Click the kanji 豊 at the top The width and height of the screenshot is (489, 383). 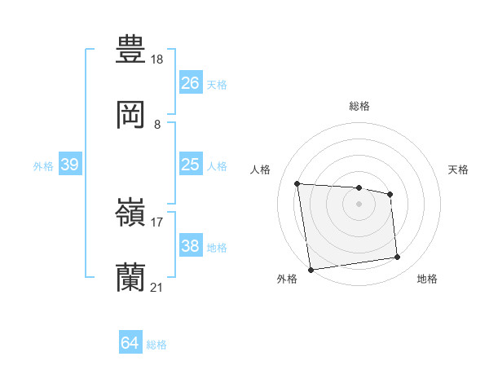coord(130,48)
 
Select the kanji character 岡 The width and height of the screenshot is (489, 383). coord(130,115)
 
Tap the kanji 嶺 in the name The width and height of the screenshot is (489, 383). coord(130,214)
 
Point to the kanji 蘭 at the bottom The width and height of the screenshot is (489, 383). coord(130,278)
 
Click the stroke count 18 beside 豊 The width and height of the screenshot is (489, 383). coord(158,59)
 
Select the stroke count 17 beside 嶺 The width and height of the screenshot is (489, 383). coord(157,222)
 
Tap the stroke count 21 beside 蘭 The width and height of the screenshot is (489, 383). coord(157,288)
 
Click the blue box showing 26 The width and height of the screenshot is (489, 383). coord(190,82)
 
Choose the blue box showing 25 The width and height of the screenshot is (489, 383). coord(190,165)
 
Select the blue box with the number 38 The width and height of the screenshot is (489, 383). coord(190,246)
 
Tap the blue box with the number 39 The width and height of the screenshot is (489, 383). coord(69,165)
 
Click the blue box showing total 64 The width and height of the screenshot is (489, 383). coord(130,343)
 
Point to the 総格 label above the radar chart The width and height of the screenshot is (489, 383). coord(359,106)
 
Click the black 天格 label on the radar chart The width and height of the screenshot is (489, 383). coord(459,169)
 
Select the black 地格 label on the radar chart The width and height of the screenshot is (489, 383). coord(427,279)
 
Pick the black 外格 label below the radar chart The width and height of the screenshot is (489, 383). coord(287,279)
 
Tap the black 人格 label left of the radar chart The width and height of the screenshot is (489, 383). coord(260,169)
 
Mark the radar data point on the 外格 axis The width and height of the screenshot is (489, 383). coord(311,269)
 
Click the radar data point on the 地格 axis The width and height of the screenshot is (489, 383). coord(397,258)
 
